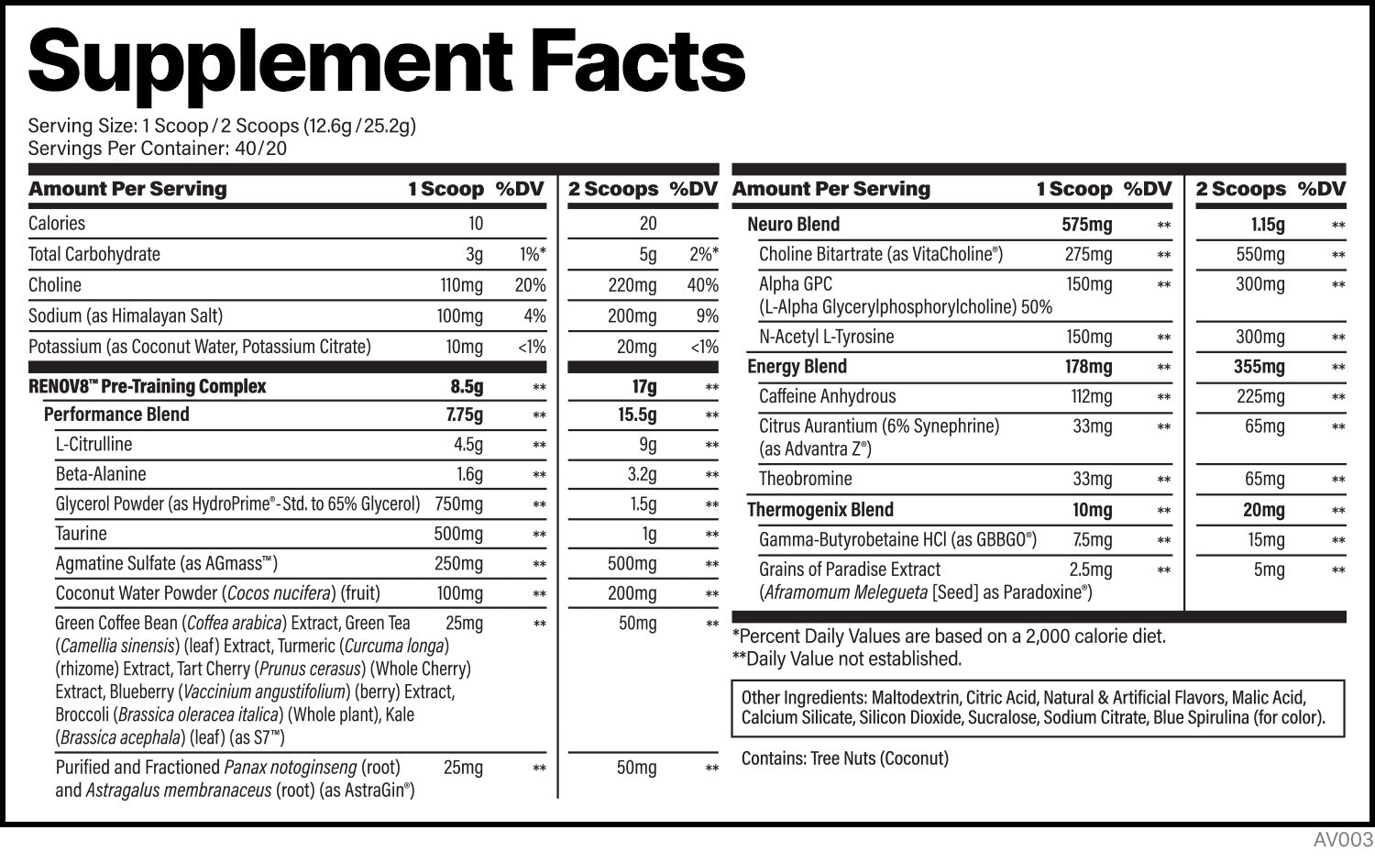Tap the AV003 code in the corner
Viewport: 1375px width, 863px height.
pyautogui.click(x=1343, y=840)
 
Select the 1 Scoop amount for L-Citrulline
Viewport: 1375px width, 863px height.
pyautogui.click(x=467, y=445)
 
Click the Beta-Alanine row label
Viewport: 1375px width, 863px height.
pyautogui.click(x=101, y=474)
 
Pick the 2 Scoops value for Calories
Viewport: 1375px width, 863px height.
pyautogui.click(x=648, y=224)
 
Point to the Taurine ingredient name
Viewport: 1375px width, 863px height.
pyautogui.click(x=81, y=534)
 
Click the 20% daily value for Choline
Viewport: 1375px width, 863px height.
pyautogui.click(x=530, y=285)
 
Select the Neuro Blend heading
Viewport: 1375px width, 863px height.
pyautogui.click(x=793, y=225)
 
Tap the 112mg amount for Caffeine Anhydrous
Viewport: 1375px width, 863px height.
pyautogui.click(x=1088, y=397)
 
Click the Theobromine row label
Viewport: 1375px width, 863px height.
pyautogui.click(x=805, y=479)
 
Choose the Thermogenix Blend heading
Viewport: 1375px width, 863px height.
pyautogui.click(x=819, y=510)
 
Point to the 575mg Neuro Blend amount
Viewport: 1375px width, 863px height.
pyautogui.click(x=1086, y=225)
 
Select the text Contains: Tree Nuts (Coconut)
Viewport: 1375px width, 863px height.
pyautogui.click(x=844, y=758)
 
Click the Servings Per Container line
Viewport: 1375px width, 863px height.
pyautogui.click(x=158, y=149)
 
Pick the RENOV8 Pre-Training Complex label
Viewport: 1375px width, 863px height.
pyautogui.click(x=147, y=386)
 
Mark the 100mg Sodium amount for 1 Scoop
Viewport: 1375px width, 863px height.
pyautogui.click(x=459, y=316)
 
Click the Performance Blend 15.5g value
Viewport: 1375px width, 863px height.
pyautogui.click(x=636, y=415)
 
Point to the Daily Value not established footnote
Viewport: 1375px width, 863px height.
pyautogui.click(x=846, y=658)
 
